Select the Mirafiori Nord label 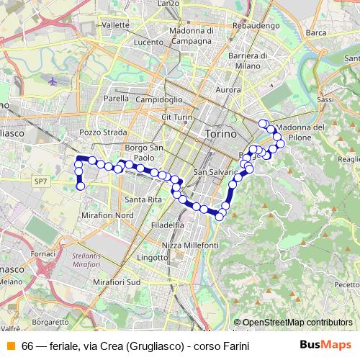pyautogui.click(x=108, y=215)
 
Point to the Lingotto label pyautogui.click(x=152, y=257)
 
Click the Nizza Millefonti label pyautogui.click(x=191, y=246)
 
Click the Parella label pyautogui.click(x=116, y=98)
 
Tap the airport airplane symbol pyautogui.click(x=53, y=81)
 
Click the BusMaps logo pyautogui.click(x=326, y=345)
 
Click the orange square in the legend pyautogui.click(x=10, y=346)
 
